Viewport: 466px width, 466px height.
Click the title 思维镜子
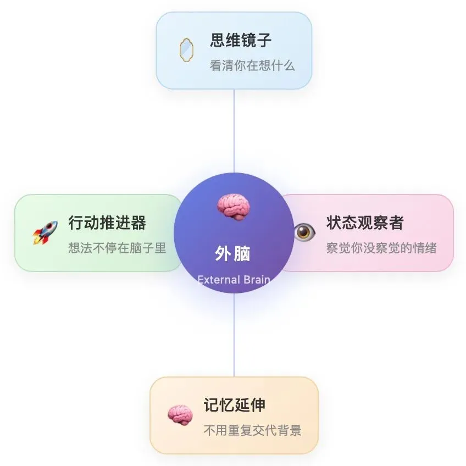(x=241, y=40)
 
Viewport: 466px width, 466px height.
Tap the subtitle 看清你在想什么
(x=252, y=66)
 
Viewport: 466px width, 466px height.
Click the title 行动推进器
(x=107, y=223)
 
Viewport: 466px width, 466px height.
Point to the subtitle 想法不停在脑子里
(x=117, y=248)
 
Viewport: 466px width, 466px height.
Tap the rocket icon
(x=45, y=232)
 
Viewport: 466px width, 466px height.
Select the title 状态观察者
(x=365, y=223)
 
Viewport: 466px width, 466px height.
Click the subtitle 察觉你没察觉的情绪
(x=381, y=248)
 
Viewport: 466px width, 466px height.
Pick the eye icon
(x=303, y=232)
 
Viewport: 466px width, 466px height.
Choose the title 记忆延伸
(x=235, y=405)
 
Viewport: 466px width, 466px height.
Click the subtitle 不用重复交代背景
(x=252, y=430)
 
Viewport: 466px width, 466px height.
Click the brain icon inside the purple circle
(x=234, y=207)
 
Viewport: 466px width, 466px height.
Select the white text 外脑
(x=232, y=254)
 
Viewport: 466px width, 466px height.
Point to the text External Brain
(x=234, y=279)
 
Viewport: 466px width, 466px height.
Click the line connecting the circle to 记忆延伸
(x=234, y=335)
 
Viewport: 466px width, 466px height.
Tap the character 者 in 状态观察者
(x=396, y=223)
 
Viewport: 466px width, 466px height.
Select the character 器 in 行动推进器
(x=138, y=223)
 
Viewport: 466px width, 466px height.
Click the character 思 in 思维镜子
(x=218, y=40)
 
